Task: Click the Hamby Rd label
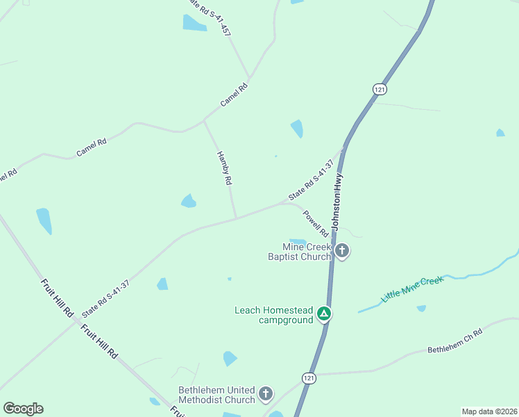[x=224, y=167]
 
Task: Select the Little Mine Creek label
[x=411, y=288]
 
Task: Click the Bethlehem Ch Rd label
[x=454, y=341]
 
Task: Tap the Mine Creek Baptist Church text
[x=300, y=252]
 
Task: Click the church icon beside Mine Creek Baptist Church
[x=341, y=251]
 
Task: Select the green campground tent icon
[x=323, y=314]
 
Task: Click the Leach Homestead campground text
[x=274, y=316]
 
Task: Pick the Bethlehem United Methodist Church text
[x=216, y=395]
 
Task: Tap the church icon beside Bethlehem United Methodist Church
[x=265, y=395]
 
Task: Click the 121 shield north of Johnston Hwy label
[x=379, y=89]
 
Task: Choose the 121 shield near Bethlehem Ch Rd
[x=309, y=377]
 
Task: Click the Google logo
[x=23, y=409]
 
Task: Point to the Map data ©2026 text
[x=488, y=411]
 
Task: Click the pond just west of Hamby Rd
[x=188, y=201]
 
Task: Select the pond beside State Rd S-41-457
[x=194, y=22]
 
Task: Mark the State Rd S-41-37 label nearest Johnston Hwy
[x=312, y=181]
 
